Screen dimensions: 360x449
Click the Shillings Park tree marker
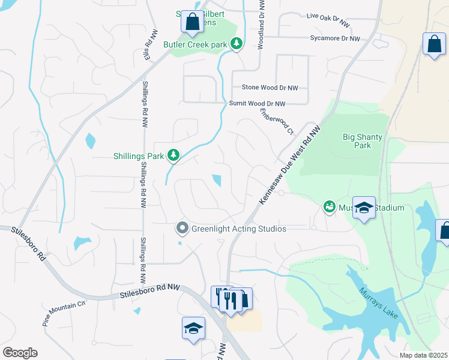click(x=173, y=156)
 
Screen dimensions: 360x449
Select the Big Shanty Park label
click(x=362, y=141)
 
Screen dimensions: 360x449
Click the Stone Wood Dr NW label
click(x=270, y=88)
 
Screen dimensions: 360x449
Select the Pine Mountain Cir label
click(x=64, y=313)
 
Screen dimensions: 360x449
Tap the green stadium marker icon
click(x=328, y=208)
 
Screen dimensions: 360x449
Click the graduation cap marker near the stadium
click(x=363, y=208)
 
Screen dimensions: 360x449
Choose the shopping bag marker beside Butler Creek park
click(x=192, y=22)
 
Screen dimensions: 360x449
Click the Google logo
click(x=20, y=353)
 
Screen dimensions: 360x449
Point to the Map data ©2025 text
click(x=423, y=355)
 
